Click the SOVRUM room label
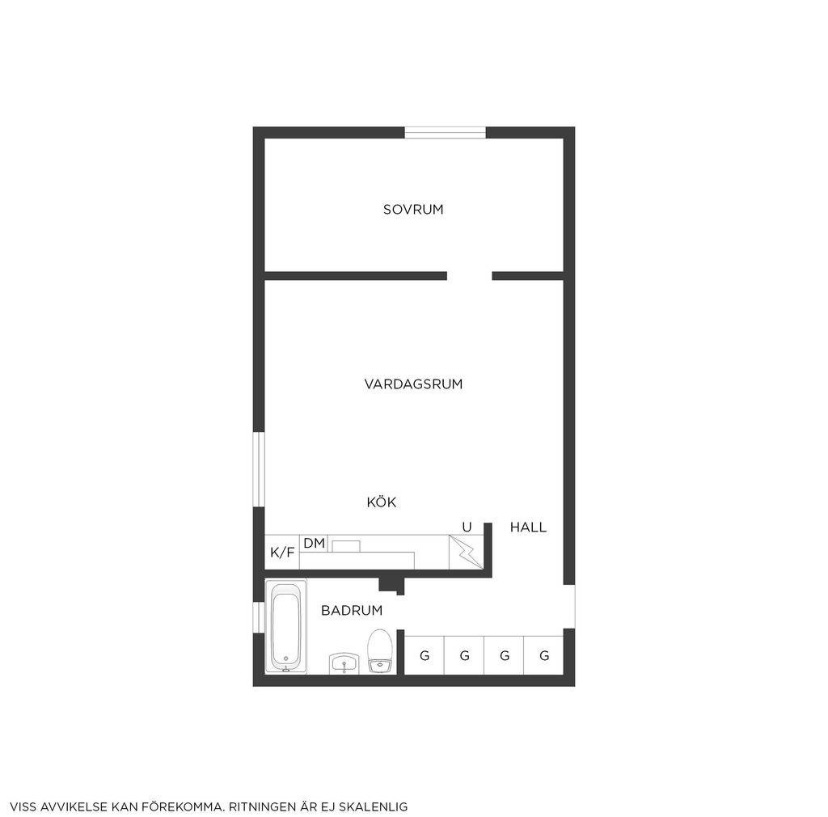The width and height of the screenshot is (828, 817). [x=413, y=209]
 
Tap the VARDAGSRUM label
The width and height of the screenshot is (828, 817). [x=413, y=384]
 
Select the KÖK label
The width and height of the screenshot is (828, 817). [x=381, y=502]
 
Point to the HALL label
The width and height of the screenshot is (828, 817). [x=528, y=527]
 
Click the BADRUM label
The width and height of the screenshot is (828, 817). [x=352, y=611]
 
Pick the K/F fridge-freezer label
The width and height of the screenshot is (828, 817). [x=282, y=552]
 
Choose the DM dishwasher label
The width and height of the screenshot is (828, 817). [x=314, y=543]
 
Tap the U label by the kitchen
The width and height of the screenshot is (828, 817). [x=467, y=527]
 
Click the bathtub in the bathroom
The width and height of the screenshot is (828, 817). [x=286, y=626]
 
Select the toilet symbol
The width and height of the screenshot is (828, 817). [x=380, y=651]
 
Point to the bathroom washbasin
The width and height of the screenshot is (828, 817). [x=344, y=663]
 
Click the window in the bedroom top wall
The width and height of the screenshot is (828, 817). [x=445, y=133]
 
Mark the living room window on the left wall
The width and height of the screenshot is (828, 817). [x=259, y=469]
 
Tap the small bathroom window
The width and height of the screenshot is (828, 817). [x=259, y=617]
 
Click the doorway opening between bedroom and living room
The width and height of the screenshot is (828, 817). [x=469, y=276]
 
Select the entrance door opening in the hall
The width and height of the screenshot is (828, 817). [x=569, y=607]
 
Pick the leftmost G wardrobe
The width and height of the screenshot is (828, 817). [x=424, y=655]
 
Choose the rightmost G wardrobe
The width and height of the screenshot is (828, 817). [x=543, y=655]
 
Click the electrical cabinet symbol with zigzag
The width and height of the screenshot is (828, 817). [x=466, y=552]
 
